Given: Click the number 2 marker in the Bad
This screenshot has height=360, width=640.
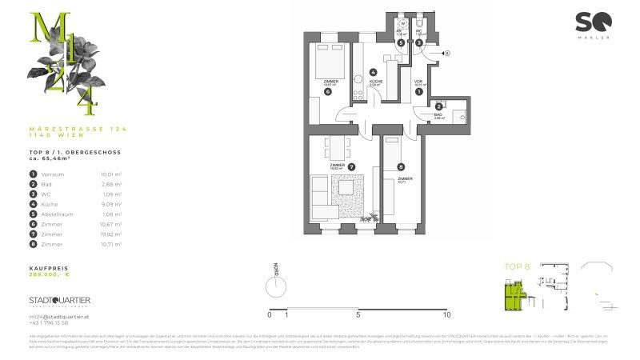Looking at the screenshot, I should click(439, 106).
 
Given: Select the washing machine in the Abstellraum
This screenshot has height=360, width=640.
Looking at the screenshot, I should click(401, 25).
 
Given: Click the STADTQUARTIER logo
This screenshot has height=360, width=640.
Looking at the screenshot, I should click(59, 300).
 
